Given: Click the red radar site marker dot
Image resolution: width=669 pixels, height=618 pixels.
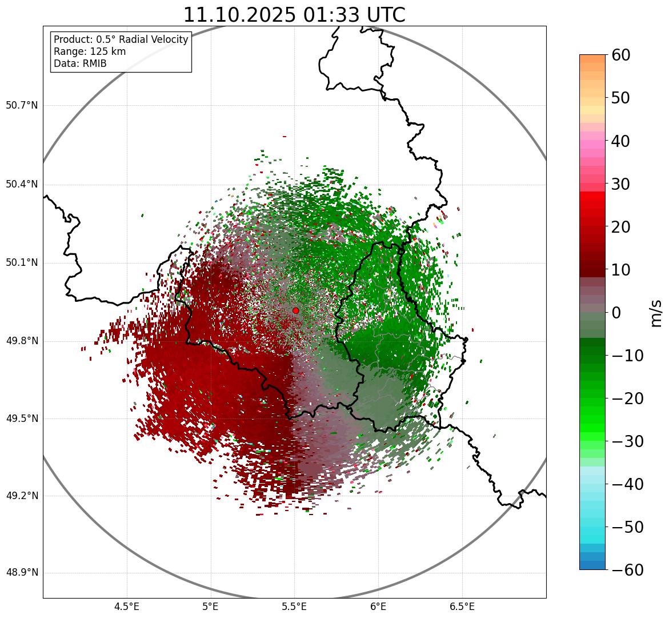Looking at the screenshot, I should pos(295,310).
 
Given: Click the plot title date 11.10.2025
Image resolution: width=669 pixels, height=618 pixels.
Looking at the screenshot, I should pos(240,15).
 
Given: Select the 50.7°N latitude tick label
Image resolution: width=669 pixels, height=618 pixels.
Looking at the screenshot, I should pos(22,106).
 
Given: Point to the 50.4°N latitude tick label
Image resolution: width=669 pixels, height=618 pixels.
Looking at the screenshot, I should pos(22,185).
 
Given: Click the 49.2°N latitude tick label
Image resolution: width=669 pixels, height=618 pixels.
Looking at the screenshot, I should pos(22,496).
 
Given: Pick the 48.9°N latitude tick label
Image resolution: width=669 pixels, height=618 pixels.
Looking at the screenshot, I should pos(22,573).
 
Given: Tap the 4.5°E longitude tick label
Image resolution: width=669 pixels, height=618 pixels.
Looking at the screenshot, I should pos(127,607).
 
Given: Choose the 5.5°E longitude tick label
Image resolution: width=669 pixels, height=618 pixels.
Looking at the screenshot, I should pos(294,607).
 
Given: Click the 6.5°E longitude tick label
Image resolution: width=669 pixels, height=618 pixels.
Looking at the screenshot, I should pos(462,607).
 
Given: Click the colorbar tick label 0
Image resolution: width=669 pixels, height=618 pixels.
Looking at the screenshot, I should pos(616,313).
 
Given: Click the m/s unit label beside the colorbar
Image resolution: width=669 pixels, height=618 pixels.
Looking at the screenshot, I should pos(656,313).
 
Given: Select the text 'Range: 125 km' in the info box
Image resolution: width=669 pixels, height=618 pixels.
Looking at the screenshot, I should pos(90,51).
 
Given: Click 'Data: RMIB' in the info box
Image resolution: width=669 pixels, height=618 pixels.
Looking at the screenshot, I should pos(80,63).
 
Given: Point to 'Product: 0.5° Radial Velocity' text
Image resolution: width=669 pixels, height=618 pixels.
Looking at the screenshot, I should pos(121,39).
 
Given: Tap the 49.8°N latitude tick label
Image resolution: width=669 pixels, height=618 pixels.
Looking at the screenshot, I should pos(22,341).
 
